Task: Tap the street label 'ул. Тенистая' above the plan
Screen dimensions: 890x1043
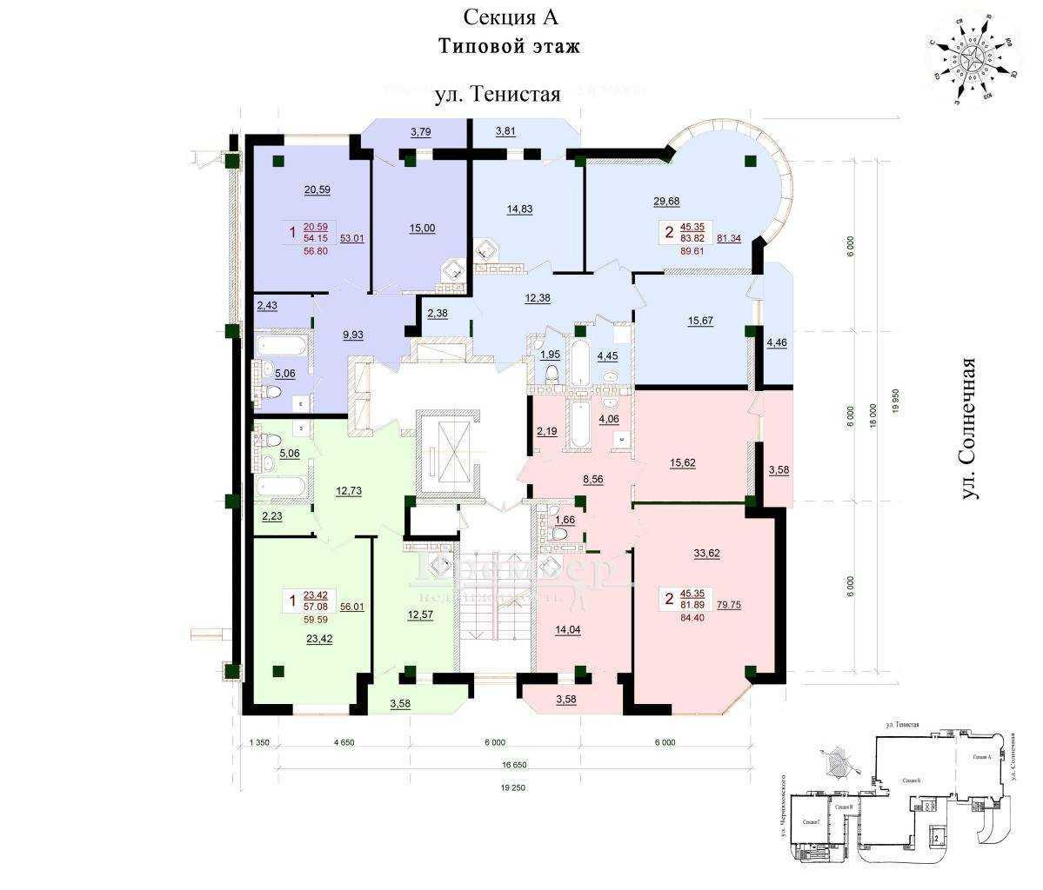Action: pyautogui.click(x=497, y=93)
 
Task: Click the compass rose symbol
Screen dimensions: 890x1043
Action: pyautogui.click(x=973, y=61)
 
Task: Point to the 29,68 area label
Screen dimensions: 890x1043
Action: pyautogui.click(x=666, y=202)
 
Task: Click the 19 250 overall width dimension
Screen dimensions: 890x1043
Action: pyautogui.click(x=513, y=787)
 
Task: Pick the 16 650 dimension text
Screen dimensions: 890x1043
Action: pyautogui.click(x=513, y=765)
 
